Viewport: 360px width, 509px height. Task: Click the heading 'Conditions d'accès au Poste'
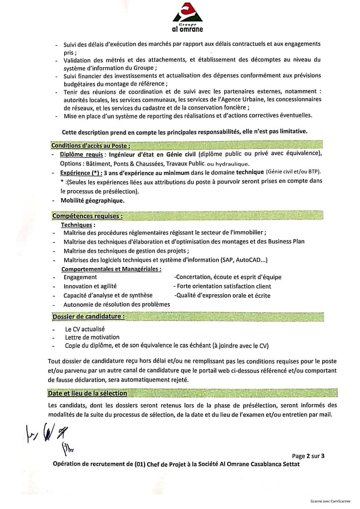click(90, 146)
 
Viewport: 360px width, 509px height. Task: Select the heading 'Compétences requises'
click(87, 216)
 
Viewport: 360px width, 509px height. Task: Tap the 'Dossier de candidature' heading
click(88, 316)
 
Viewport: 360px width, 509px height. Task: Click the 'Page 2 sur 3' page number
click(308, 455)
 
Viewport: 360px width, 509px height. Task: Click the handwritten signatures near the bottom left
click(47, 434)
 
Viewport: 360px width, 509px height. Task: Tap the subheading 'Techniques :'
click(78, 225)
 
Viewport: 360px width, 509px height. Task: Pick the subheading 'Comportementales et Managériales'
click(111, 269)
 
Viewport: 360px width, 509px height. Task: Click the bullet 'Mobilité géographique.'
click(92, 201)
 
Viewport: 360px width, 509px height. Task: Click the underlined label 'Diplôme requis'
click(82, 155)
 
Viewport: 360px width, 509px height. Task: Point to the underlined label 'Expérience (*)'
click(82, 173)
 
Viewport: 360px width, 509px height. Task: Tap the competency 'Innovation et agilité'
click(90, 286)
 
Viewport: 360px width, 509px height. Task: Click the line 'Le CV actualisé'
click(85, 329)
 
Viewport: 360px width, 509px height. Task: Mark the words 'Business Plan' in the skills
click(286, 242)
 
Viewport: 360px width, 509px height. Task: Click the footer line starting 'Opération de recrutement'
click(177, 464)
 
